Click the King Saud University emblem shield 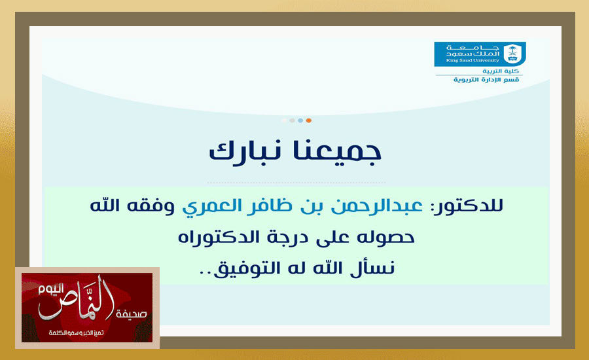point(512,54)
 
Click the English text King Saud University point(473,60)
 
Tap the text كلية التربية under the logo point(501,71)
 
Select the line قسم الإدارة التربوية point(486,80)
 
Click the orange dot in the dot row point(309,120)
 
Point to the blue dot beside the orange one point(300,120)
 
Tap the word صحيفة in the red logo point(131,314)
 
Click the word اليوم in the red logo point(51,289)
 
